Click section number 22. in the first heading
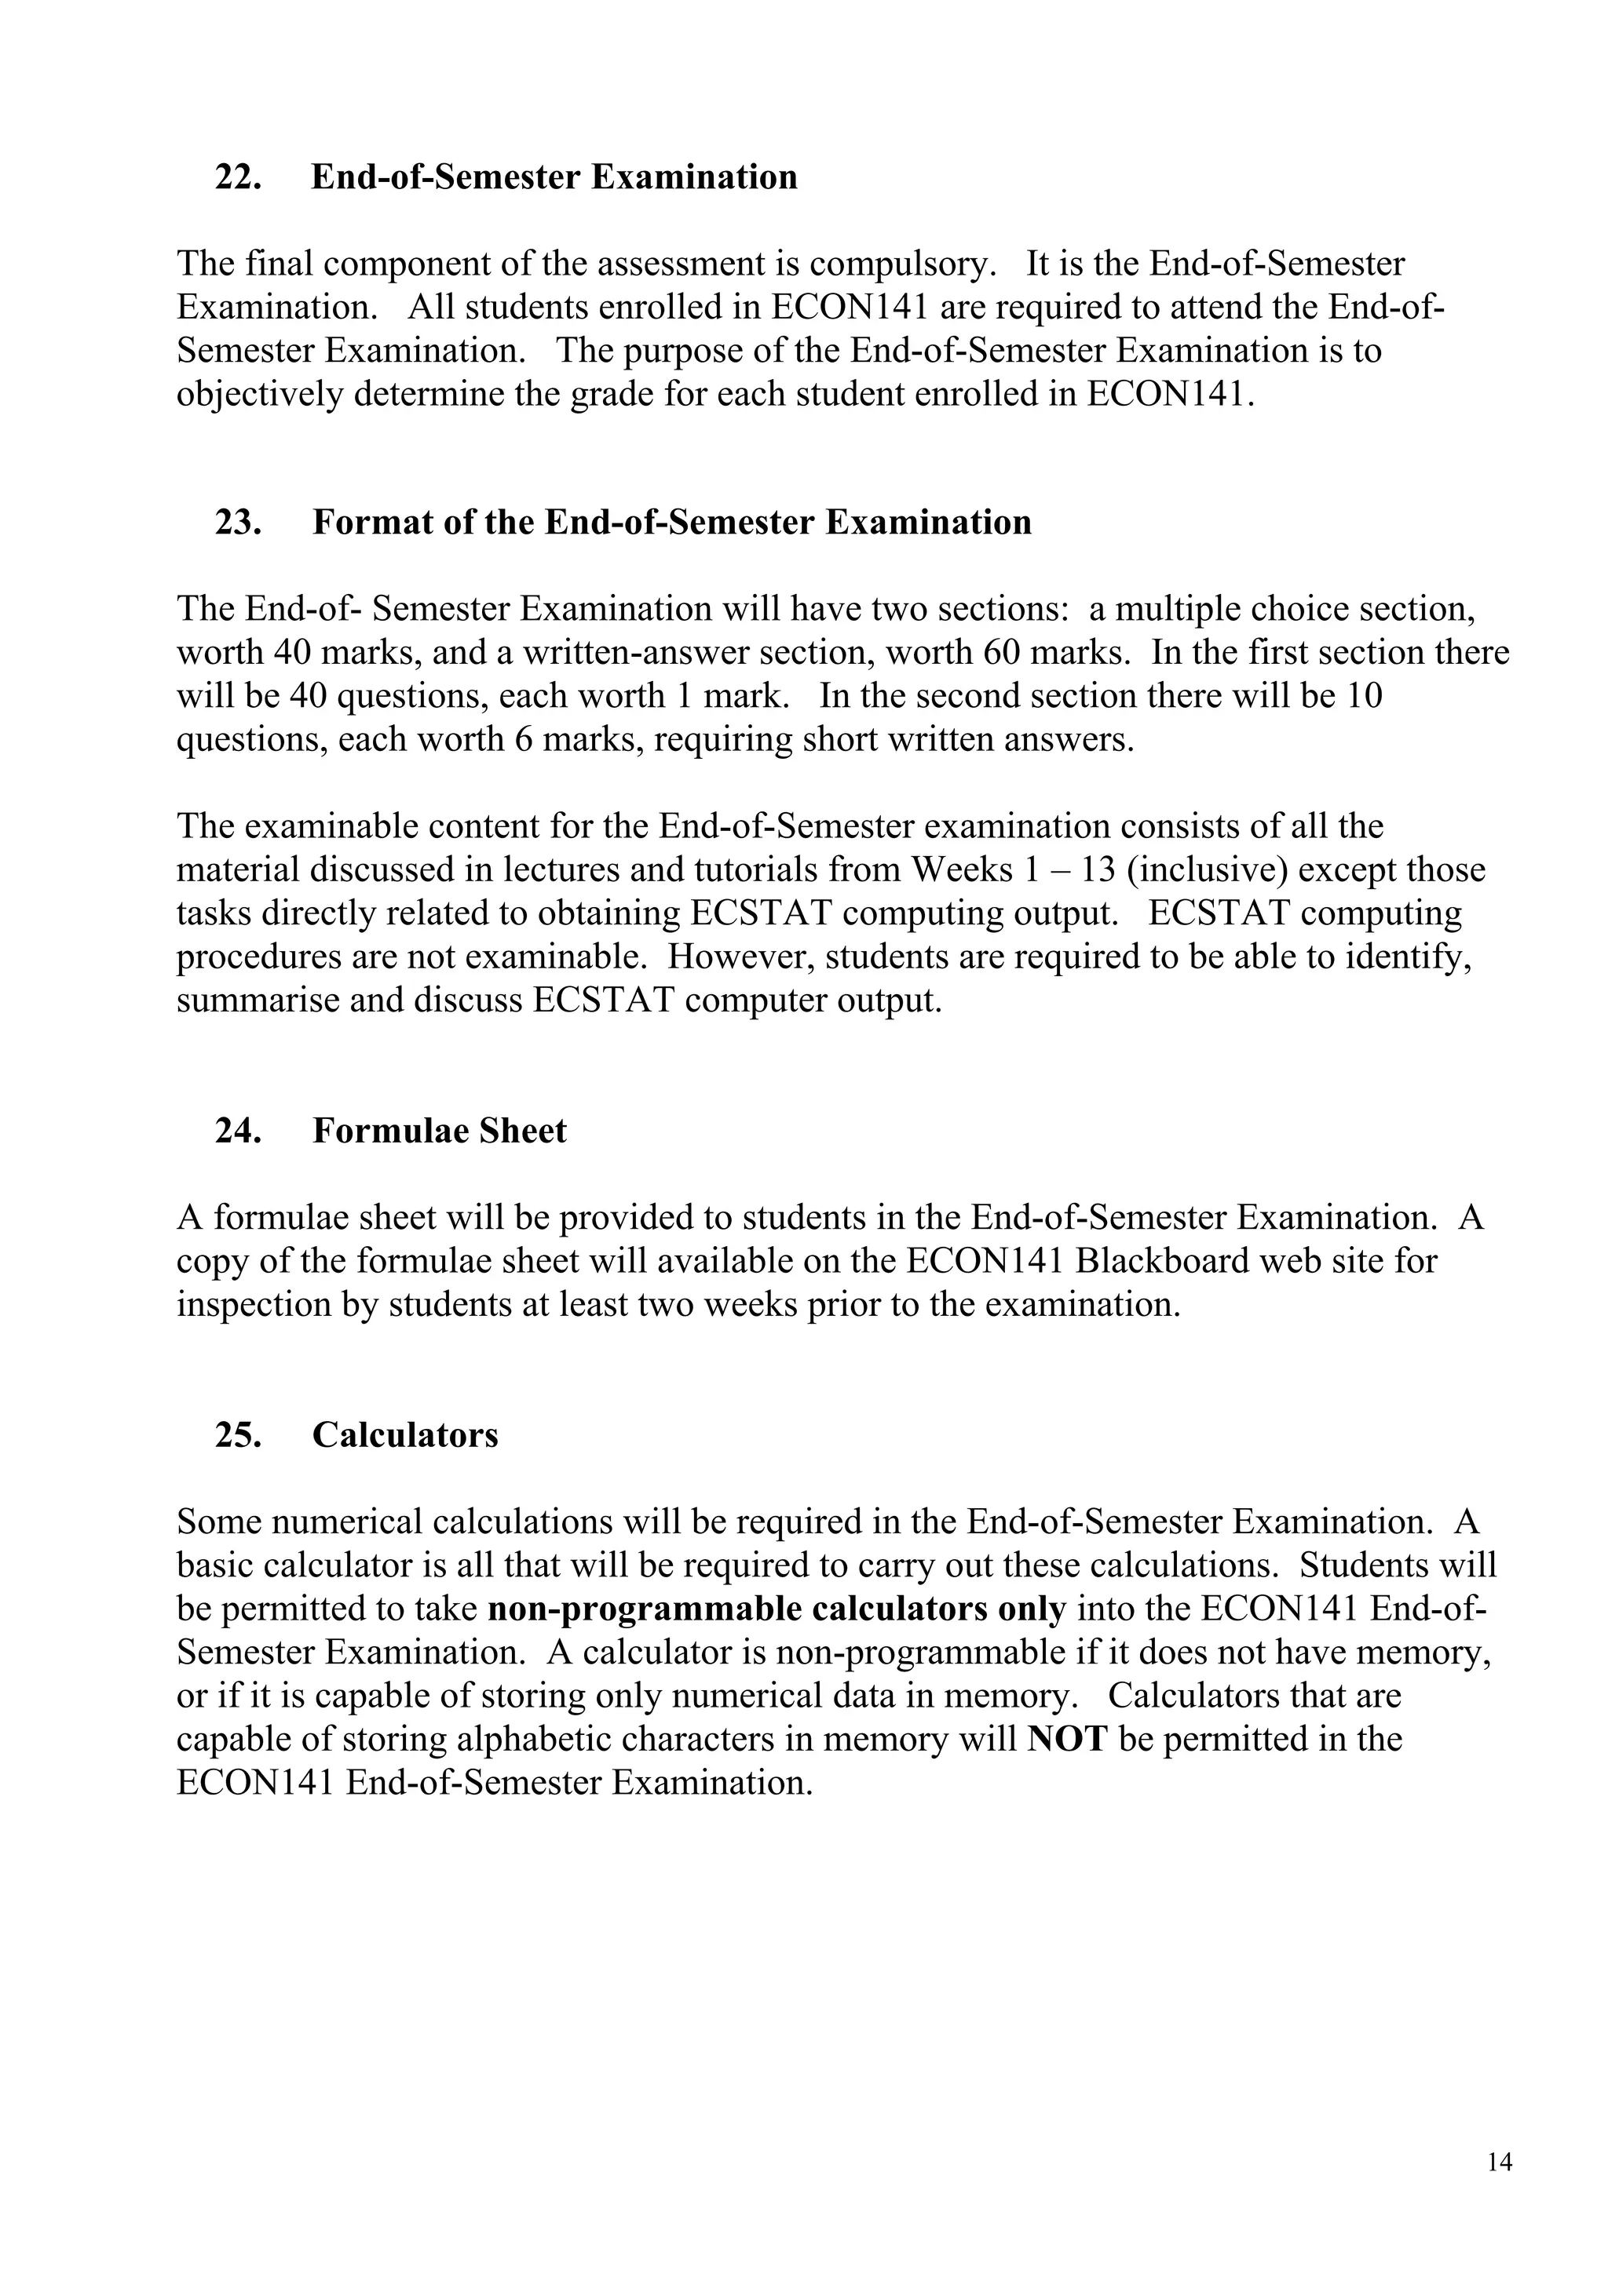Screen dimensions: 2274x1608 tap(239, 177)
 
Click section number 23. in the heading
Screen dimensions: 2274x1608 tap(239, 522)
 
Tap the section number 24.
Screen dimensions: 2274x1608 tap(239, 1131)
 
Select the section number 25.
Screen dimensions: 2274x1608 tap(239, 1435)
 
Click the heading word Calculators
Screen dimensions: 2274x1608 tap(405, 1435)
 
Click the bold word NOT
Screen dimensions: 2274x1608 tap(1067, 1739)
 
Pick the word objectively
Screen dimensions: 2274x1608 tap(260, 395)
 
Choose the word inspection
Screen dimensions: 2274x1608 tap(254, 1306)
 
